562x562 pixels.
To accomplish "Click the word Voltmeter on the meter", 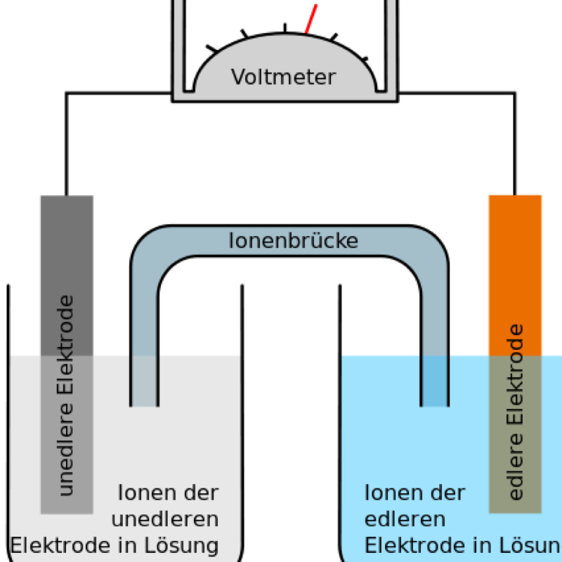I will pyautogui.click(x=284, y=77).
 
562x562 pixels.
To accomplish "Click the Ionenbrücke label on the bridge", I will pyautogui.click(x=294, y=241).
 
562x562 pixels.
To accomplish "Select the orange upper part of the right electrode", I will pyautogui.click(x=515, y=274).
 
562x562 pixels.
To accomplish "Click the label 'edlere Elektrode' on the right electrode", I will pyautogui.click(x=516, y=412).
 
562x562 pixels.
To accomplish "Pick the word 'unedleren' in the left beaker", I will pyautogui.click(x=165, y=519).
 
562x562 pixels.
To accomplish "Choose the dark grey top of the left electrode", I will pyautogui.click(x=67, y=274).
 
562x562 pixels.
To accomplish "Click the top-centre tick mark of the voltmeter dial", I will pyautogui.click(x=285, y=28).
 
